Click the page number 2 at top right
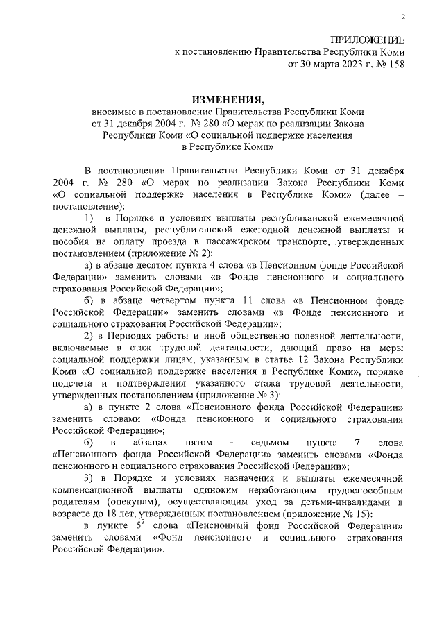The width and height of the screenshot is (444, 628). tap(403, 17)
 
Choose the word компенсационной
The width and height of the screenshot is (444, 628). tap(94, 493)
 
